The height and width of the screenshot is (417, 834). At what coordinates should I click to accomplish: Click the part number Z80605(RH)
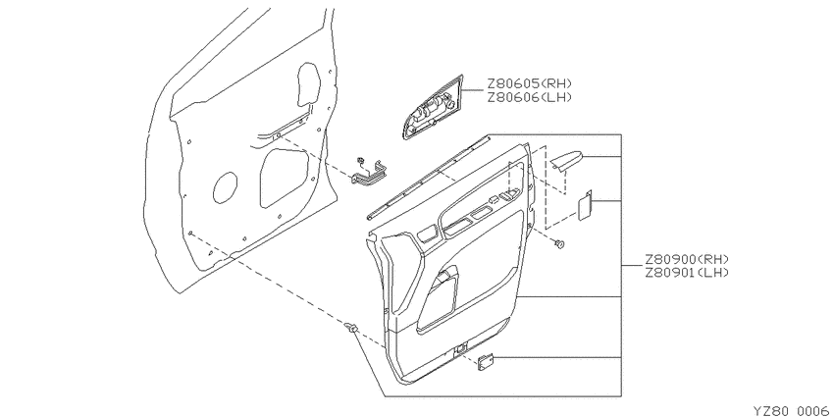coord(529,84)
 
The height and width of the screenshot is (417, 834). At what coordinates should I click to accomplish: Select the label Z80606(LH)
coord(529,97)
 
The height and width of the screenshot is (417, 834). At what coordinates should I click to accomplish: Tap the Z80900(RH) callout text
coord(686,260)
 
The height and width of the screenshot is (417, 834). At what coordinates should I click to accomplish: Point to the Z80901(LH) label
coord(686,273)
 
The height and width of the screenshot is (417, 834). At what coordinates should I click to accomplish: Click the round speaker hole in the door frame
coord(225,187)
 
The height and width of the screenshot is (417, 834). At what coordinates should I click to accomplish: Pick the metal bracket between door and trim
coord(370,174)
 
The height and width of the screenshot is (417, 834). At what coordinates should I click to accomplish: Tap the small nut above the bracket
coord(361,160)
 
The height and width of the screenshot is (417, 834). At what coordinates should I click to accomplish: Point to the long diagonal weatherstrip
coord(428,178)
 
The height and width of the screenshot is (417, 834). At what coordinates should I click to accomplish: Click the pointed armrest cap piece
coord(566,160)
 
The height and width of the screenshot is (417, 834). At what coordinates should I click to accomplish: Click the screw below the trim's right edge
coord(558,244)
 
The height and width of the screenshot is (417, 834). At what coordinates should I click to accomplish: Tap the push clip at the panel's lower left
coord(350,328)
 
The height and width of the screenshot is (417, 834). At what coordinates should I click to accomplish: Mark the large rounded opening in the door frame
coord(284,178)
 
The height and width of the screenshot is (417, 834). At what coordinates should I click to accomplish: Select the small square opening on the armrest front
coord(427,233)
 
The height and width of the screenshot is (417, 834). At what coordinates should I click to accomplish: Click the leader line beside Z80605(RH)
coord(473,91)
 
